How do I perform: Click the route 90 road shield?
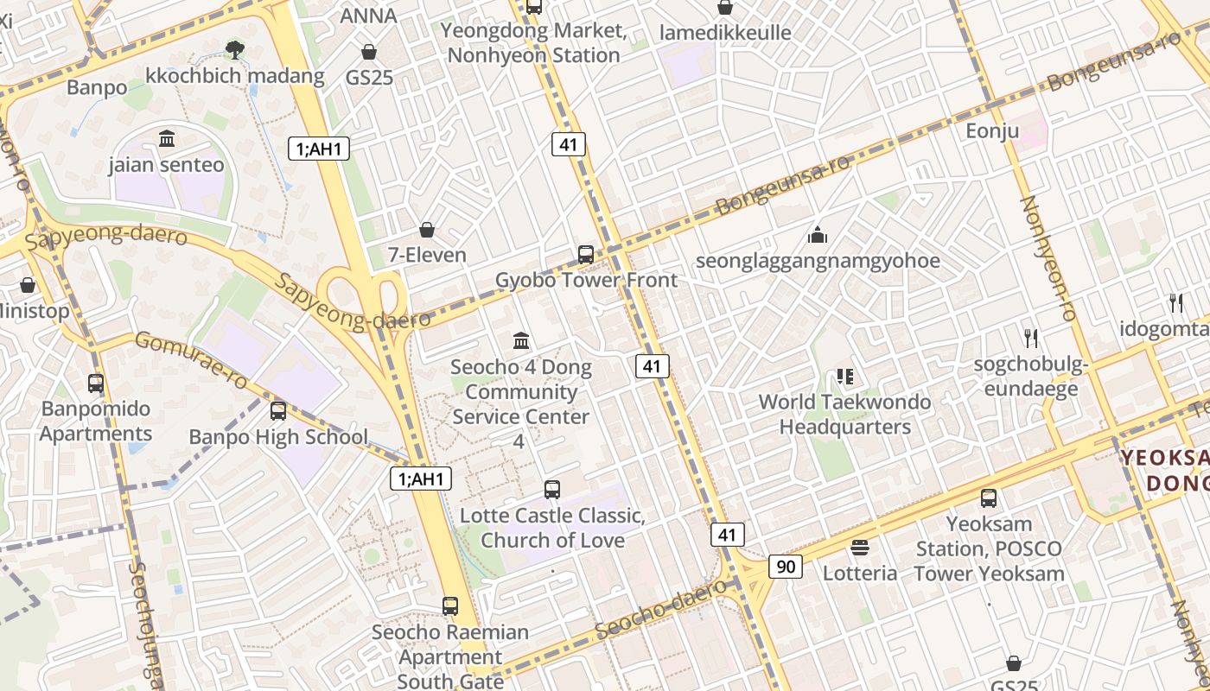785,567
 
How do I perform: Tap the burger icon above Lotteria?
859,547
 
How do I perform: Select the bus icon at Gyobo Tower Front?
586,254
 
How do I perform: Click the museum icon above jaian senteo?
167,138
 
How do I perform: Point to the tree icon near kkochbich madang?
233,49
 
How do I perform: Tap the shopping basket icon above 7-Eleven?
427,229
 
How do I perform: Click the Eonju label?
993,131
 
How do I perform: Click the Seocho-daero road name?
661,609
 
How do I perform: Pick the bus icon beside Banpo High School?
278,411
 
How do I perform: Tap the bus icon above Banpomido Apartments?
96,383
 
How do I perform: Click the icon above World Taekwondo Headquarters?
844,376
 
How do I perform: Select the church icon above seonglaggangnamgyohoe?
817,234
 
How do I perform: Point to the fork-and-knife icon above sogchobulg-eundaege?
1030,338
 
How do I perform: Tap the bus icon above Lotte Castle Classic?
552,490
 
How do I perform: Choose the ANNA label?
369,16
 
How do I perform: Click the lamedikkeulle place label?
725,33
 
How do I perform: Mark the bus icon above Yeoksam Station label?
989,498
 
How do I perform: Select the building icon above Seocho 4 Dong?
521,341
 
